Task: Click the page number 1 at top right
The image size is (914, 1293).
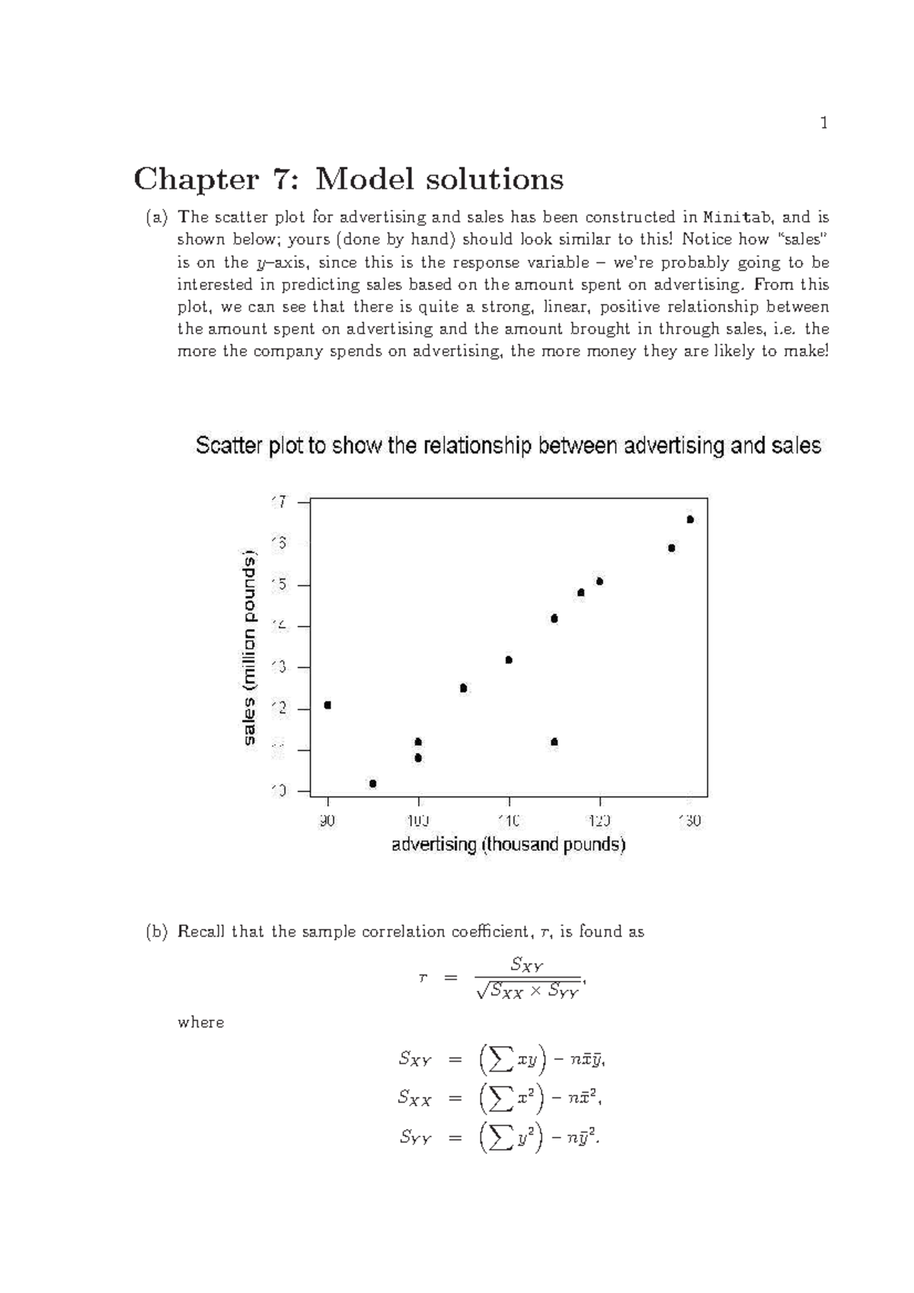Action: click(x=823, y=123)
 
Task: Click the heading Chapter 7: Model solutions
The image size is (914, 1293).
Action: click(x=348, y=180)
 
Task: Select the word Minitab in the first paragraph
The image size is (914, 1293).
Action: click(x=736, y=217)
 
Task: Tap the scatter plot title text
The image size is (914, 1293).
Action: click(x=508, y=445)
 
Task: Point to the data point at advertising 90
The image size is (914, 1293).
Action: click(x=328, y=705)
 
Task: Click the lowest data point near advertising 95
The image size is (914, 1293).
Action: click(x=372, y=784)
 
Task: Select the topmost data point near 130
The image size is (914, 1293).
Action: click(x=690, y=519)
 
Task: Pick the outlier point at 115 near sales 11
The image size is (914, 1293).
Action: click(x=554, y=742)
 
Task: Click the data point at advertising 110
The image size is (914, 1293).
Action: click(x=509, y=660)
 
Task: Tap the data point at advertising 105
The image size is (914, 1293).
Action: click(x=463, y=688)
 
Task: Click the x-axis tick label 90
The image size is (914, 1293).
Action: click(x=328, y=822)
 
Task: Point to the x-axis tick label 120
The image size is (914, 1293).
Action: click(x=599, y=822)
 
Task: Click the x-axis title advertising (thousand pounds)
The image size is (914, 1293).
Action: click(x=508, y=844)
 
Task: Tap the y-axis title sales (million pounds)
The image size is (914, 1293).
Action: click(x=250, y=649)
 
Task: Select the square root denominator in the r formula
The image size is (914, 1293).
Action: click(x=527, y=991)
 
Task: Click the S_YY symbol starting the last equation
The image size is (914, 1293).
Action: click(x=415, y=1138)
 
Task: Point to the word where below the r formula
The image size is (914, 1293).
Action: click(x=200, y=1023)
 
